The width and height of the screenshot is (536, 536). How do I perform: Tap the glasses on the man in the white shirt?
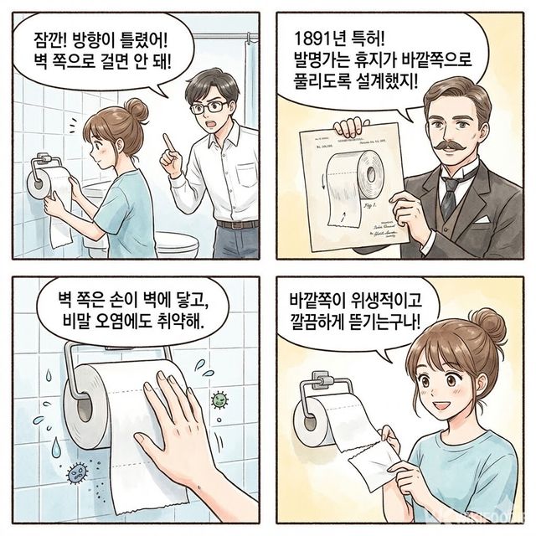tap(208, 106)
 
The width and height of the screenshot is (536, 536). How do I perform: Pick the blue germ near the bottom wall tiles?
tap(77, 472)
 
